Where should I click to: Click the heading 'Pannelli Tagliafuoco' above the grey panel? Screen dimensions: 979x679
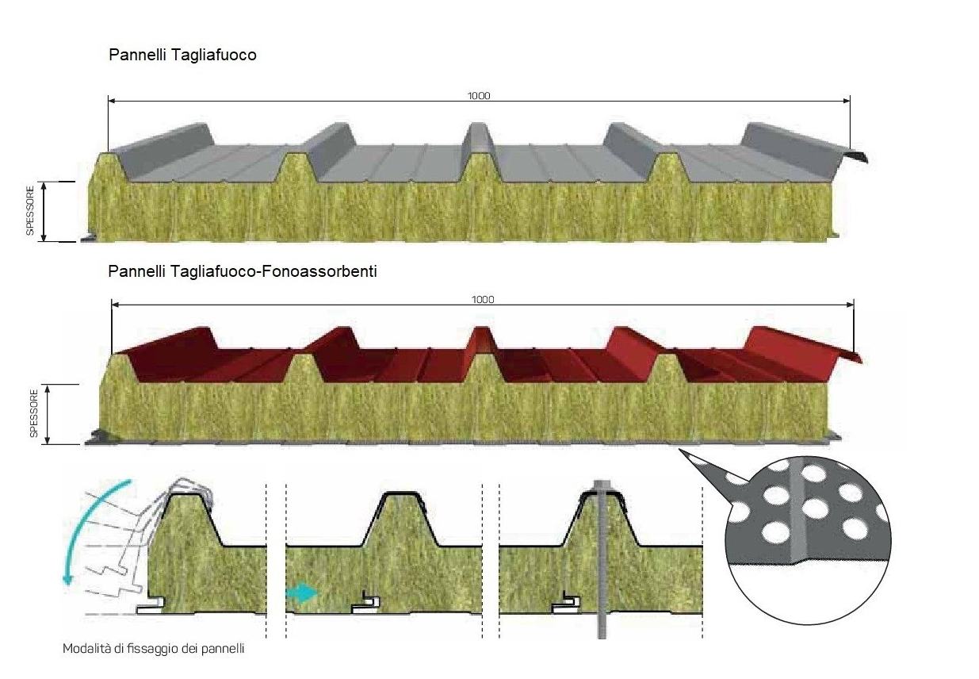pyautogui.click(x=182, y=55)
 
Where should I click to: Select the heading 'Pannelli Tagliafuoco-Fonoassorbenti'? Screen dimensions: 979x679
pyautogui.click(x=242, y=271)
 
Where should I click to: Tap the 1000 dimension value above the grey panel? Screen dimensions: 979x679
pyautogui.click(x=479, y=96)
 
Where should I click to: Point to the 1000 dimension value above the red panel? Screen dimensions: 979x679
pyautogui.click(x=483, y=300)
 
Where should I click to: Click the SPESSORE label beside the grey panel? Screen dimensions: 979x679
pyautogui.click(x=30, y=211)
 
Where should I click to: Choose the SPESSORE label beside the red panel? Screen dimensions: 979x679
pyautogui.click(x=34, y=413)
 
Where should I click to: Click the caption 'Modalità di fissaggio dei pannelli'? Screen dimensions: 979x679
pyautogui.click(x=154, y=648)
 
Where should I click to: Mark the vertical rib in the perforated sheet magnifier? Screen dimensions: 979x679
pyautogui.click(x=799, y=512)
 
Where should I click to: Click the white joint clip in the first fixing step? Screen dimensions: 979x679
pyautogui.click(x=151, y=606)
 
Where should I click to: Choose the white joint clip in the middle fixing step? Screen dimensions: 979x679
pyautogui.click(x=365, y=604)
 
